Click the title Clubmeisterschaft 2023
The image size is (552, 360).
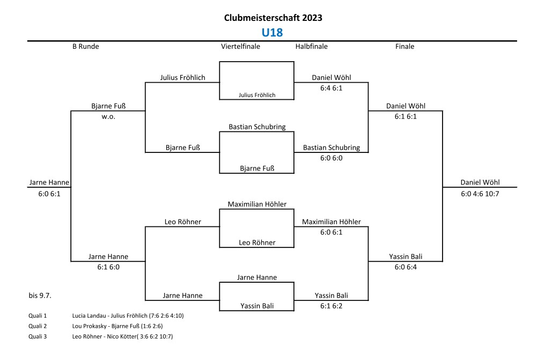273,18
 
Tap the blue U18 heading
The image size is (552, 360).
273,33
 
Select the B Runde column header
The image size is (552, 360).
86,47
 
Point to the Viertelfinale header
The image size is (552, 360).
240,47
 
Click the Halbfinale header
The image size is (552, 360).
311,47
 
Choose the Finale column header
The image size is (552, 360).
404,47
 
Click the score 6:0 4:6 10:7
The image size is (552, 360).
480,193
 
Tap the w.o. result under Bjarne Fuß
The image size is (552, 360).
108,116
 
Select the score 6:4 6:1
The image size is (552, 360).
331,88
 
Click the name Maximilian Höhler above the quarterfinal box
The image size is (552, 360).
257,204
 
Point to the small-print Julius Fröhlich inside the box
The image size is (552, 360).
257,95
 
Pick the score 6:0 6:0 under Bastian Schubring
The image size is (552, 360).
331,158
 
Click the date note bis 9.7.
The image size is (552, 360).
40,295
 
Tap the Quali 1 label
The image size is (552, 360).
38,315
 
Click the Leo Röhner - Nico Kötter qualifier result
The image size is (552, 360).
122,336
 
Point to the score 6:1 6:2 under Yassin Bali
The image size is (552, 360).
331,306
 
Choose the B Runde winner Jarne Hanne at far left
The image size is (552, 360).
49,183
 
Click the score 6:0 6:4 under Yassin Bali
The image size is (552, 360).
405,267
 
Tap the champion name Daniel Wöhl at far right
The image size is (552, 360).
480,183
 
